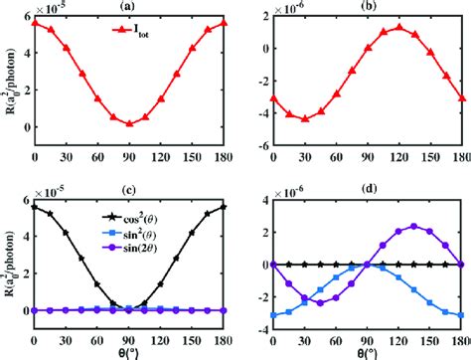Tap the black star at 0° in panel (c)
(x=36, y=207)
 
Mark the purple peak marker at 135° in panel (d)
(x=412, y=226)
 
